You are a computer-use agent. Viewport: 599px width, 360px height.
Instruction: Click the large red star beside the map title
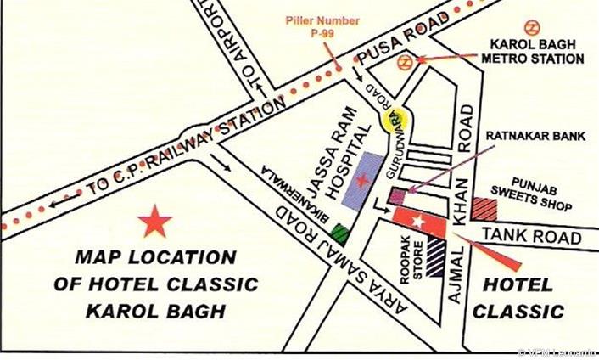(154, 222)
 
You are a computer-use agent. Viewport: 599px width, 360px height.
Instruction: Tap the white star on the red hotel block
(417, 222)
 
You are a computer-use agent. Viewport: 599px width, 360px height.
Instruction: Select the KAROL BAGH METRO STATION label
(532, 52)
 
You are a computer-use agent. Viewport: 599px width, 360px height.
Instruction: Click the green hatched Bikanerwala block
(341, 232)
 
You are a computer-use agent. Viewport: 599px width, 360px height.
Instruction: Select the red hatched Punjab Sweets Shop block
(485, 208)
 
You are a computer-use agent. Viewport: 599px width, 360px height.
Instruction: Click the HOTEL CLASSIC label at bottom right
(518, 297)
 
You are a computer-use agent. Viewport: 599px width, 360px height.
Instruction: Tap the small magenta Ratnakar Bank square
(397, 197)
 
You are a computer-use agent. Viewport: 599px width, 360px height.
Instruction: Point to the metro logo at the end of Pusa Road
(407, 60)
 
